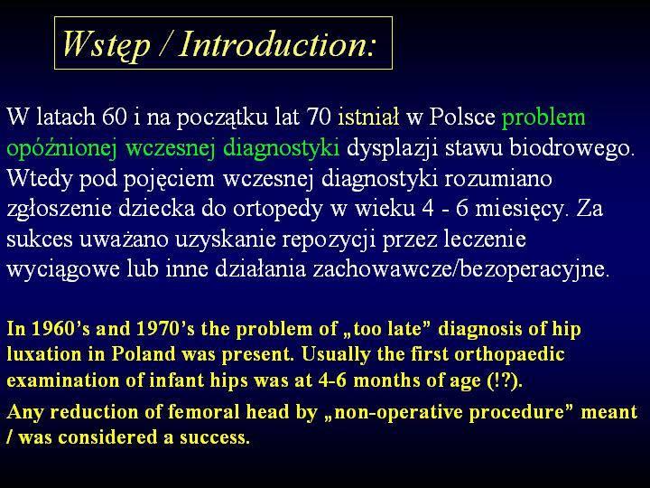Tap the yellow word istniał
(x=368, y=117)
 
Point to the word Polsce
(x=462, y=117)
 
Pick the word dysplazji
(x=392, y=148)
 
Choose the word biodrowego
(x=572, y=147)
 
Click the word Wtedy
(x=40, y=179)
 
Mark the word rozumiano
(x=498, y=178)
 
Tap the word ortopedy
(x=278, y=209)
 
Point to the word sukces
(x=40, y=239)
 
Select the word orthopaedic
(x=509, y=355)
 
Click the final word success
(x=215, y=437)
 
